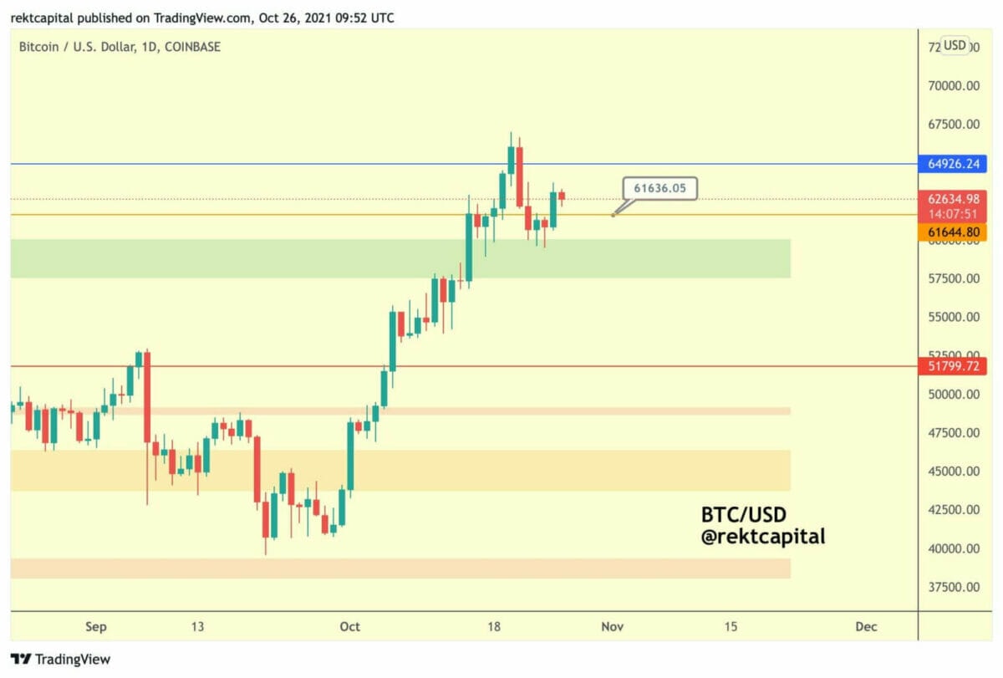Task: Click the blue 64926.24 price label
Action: pos(952,164)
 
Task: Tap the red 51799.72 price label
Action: pos(952,366)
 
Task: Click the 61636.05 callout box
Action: pos(659,189)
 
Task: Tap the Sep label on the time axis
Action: pos(96,627)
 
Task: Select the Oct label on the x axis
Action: pos(350,627)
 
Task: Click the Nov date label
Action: pos(614,627)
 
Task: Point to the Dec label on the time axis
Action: pos(866,627)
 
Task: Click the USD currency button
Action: pos(955,45)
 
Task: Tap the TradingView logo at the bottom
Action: pos(60,660)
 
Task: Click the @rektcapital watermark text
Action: pos(762,537)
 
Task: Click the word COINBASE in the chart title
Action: pos(192,47)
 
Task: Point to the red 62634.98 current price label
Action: pos(952,199)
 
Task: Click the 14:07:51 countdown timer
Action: pos(952,214)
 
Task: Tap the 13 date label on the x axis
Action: pos(198,627)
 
